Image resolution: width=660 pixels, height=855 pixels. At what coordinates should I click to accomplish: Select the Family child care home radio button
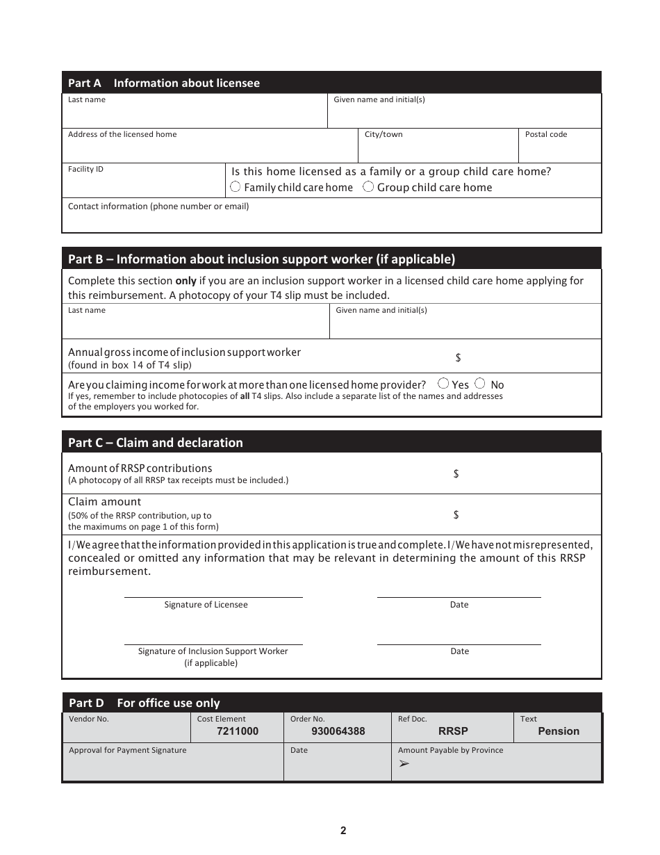pyautogui.click(x=236, y=187)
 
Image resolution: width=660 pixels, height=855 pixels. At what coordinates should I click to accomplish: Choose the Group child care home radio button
pyautogui.click(x=368, y=187)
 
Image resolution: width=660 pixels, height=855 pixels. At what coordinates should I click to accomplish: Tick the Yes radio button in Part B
pyautogui.click(x=444, y=384)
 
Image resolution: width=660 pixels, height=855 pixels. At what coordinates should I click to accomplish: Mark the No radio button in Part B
pyautogui.click(x=479, y=384)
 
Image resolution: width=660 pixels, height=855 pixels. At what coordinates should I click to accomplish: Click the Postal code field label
pyautogui.click(x=546, y=134)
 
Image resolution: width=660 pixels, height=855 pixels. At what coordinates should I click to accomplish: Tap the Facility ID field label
pyautogui.click(x=85, y=169)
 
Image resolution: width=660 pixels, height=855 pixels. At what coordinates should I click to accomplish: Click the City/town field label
pyautogui.click(x=383, y=134)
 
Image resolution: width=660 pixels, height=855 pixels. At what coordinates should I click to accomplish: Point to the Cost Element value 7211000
pyautogui.click(x=238, y=731)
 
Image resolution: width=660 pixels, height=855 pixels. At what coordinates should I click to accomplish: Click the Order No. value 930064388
pyautogui.click(x=338, y=731)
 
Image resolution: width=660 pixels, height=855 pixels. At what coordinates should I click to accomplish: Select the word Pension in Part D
pyautogui.click(x=559, y=731)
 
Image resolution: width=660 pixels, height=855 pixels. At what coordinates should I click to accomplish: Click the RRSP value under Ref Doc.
pyautogui.click(x=453, y=731)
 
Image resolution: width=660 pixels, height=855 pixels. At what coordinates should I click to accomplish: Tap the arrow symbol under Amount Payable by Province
pyautogui.click(x=404, y=763)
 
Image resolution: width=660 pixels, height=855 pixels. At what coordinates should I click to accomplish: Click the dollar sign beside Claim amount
pyautogui.click(x=456, y=515)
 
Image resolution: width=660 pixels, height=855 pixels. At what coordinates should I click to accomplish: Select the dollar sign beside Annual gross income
pyautogui.click(x=459, y=358)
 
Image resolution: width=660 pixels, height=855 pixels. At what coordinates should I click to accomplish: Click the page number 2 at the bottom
pyautogui.click(x=343, y=831)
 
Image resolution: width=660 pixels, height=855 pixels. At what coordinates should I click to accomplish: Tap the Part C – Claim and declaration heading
pyautogui.click(x=156, y=443)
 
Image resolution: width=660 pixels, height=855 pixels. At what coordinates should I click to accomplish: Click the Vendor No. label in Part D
pyautogui.click(x=89, y=719)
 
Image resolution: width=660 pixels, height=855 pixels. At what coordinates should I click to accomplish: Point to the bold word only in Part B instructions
pyautogui.click(x=185, y=281)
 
